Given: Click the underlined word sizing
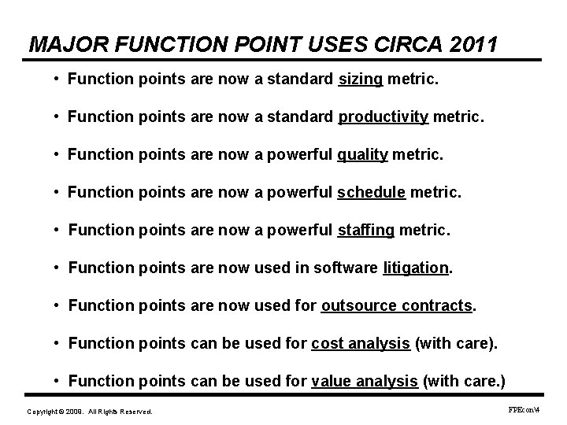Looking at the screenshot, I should click(360, 79).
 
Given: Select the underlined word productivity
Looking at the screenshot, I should click(384, 117).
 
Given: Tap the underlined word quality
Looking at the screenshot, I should click(362, 155).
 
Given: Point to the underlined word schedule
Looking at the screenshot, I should click(372, 193).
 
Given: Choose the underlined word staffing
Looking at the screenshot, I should click(366, 231).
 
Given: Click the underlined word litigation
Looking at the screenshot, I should click(415, 268).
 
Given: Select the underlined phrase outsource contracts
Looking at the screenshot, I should click(397, 305).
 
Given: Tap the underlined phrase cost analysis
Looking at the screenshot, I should click(360, 343).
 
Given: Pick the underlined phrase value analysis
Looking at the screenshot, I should click(365, 381).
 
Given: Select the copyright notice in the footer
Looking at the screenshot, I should click(90, 412).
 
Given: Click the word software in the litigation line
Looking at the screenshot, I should click(346, 268).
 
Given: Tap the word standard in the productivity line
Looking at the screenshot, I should click(302, 117).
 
